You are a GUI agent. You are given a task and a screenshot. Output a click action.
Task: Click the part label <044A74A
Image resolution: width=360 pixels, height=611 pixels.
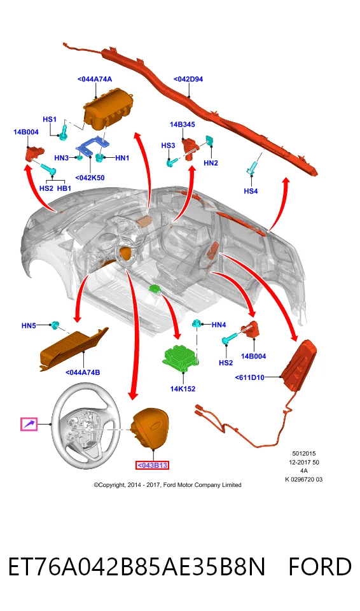click(95, 79)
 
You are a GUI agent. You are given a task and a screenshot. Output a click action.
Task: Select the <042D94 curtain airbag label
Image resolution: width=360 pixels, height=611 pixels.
click(188, 79)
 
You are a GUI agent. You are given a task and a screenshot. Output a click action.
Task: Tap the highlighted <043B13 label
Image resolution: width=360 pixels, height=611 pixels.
click(152, 465)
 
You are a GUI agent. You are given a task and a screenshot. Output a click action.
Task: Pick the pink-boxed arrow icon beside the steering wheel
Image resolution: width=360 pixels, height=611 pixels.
click(29, 424)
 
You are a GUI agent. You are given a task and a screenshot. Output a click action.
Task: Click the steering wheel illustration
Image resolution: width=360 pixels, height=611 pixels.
click(86, 427)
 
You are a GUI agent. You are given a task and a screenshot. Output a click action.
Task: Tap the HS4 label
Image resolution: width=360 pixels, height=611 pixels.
click(251, 191)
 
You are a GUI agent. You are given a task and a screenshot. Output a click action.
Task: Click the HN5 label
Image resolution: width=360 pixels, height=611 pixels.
click(29, 325)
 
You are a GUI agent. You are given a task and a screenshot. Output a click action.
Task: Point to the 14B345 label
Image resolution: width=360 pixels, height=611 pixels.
click(183, 125)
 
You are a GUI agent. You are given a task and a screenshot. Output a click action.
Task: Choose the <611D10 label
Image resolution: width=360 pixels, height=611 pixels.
click(250, 377)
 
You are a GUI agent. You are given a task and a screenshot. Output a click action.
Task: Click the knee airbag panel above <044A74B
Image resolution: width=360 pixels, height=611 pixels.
click(74, 348)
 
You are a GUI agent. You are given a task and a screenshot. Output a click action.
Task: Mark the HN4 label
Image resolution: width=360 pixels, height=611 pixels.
click(219, 325)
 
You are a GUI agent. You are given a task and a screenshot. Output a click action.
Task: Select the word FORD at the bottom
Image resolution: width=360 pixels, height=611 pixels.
click(320, 566)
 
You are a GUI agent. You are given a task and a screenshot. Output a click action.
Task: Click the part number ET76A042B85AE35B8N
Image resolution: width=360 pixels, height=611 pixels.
click(137, 566)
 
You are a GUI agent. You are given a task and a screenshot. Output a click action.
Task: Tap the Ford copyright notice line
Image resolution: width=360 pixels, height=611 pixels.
click(167, 485)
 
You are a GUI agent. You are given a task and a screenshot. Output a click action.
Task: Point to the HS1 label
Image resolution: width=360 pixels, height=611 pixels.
click(50, 119)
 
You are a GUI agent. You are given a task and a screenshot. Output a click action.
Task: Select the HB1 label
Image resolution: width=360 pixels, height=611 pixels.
click(64, 188)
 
